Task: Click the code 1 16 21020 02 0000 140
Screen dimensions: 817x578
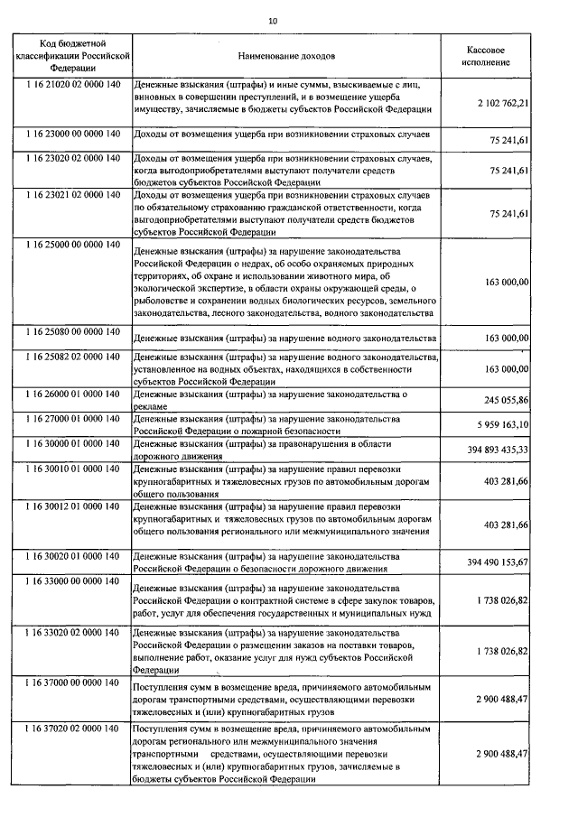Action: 73,83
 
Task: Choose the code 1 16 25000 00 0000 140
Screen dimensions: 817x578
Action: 73,245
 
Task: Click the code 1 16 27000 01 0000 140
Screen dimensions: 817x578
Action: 73,419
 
